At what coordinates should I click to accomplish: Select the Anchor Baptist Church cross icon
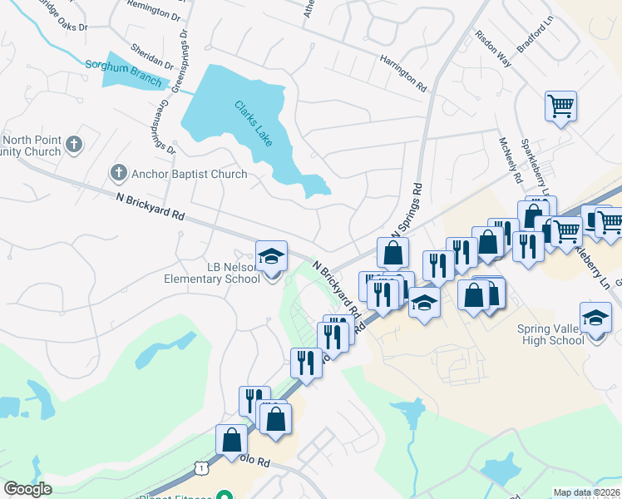(x=118, y=174)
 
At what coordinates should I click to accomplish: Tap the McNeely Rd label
(x=509, y=160)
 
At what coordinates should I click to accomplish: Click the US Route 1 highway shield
(x=200, y=469)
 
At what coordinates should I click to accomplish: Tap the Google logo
(x=27, y=489)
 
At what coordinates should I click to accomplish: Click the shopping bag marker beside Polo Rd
(x=231, y=439)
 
